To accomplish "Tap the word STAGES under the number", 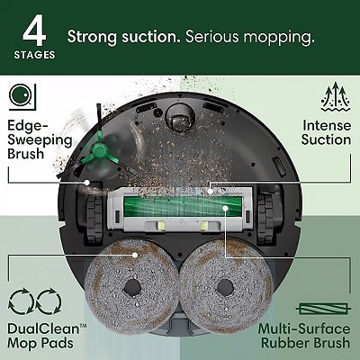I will point(35,54).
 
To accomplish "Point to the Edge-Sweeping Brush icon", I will point(21,93).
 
